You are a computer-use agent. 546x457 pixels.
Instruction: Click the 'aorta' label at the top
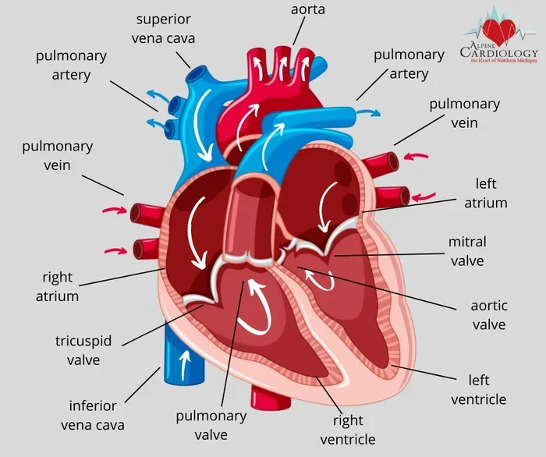(x=308, y=9)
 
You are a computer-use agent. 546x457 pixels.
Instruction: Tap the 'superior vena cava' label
(x=163, y=29)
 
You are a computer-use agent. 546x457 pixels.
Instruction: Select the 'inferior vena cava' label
(x=93, y=415)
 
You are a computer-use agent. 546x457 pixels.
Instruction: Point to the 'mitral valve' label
(x=467, y=251)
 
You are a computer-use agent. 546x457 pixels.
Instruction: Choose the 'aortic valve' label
(x=489, y=315)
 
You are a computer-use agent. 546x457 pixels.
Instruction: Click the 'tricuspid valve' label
(x=83, y=350)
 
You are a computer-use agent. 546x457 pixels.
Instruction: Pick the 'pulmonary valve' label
(x=211, y=425)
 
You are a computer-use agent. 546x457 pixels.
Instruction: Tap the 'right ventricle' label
(x=348, y=430)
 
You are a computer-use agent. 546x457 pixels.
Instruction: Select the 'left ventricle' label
(x=479, y=390)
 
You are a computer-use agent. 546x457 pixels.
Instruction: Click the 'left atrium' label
(x=486, y=193)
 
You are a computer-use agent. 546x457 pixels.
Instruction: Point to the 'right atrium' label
(x=57, y=287)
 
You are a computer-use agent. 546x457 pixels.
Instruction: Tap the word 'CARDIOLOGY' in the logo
(x=499, y=53)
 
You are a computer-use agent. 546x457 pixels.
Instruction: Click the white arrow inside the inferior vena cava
(x=186, y=365)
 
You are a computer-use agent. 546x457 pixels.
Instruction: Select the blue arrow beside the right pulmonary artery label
(x=369, y=113)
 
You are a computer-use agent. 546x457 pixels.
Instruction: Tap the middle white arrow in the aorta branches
(x=282, y=67)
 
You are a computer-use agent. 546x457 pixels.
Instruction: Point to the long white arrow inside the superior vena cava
(x=202, y=126)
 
